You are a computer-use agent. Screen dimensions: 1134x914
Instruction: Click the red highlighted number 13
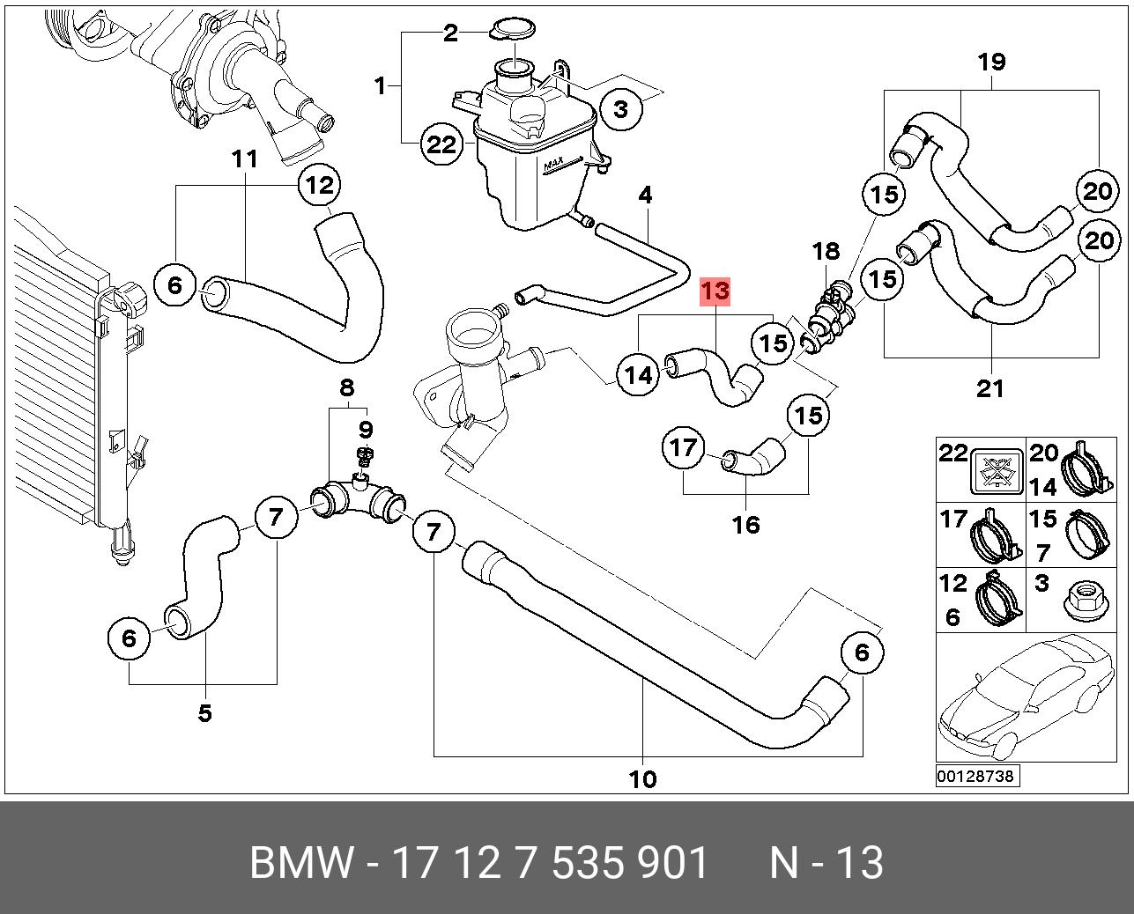(x=715, y=291)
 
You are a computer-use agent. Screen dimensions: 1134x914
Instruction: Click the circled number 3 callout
(x=621, y=109)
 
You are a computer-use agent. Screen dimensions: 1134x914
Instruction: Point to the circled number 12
(x=320, y=185)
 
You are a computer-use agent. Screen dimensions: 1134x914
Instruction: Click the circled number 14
(x=638, y=375)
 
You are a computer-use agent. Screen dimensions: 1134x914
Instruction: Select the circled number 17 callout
(x=684, y=448)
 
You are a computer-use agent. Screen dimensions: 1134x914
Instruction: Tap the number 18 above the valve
(x=826, y=251)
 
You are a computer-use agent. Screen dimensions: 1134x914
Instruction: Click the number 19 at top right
(x=991, y=63)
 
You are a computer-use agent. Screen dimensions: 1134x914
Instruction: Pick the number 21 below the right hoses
(x=990, y=389)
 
